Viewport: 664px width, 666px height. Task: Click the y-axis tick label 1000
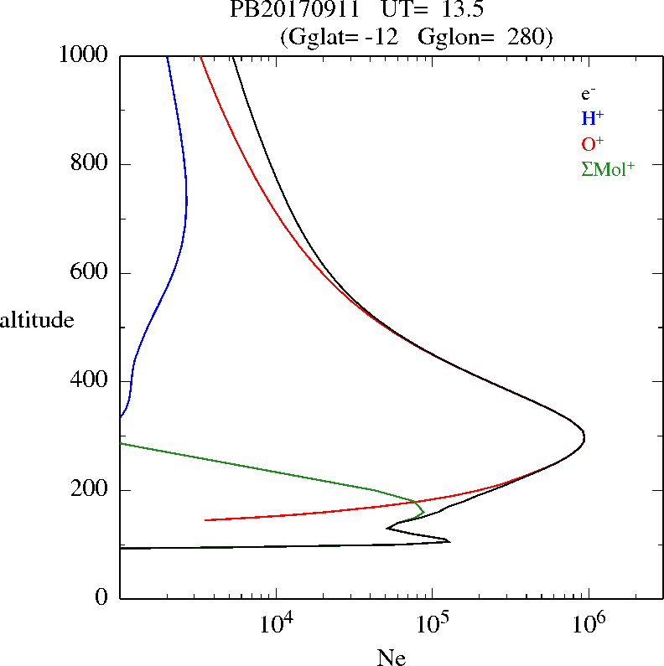84,56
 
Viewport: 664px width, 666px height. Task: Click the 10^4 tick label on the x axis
278,624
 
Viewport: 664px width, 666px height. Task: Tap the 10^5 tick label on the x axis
434,624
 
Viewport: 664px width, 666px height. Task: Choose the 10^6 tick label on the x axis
590,624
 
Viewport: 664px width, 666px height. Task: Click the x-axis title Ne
392,658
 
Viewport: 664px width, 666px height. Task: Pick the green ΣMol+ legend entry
608,168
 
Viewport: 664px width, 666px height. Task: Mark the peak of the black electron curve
584,437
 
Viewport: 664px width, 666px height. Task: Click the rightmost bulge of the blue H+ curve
187,201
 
